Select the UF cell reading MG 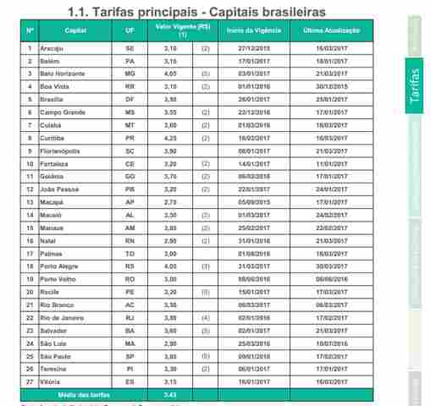(130, 74)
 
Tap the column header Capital (75, 30)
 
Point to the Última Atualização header (325, 30)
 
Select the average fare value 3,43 (170, 395)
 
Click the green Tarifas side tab (415, 85)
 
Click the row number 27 (30, 382)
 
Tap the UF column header (130, 30)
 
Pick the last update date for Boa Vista (325, 86)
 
